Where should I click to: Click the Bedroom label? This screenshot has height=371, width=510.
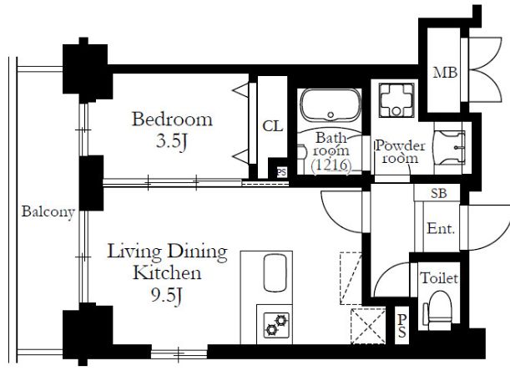coord(172,119)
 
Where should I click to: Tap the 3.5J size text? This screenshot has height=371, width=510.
coord(171,141)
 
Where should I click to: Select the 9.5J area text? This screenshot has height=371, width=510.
coord(166,296)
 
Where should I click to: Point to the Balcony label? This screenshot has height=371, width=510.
coord(48,212)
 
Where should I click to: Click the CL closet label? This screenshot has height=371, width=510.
coord(273,126)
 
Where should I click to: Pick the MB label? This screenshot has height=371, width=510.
coord(445,73)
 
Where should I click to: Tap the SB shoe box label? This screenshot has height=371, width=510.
coord(439,194)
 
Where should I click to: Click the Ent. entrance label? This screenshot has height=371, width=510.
coord(441,228)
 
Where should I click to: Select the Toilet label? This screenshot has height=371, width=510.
coord(439,278)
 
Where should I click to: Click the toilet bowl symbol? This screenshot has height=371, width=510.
coord(438,310)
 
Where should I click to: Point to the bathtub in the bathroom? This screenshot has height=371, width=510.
coord(331,105)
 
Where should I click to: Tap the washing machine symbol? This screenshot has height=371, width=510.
coord(396,99)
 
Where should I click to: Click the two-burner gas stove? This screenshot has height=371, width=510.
coord(276,325)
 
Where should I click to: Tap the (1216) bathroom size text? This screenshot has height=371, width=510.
coord(331,165)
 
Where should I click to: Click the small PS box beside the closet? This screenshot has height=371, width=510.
coord(281,172)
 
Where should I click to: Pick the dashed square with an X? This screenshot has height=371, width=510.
coord(368,325)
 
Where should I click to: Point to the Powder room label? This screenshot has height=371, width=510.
coord(400,152)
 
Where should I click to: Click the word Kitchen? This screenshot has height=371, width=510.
coord(167,273)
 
